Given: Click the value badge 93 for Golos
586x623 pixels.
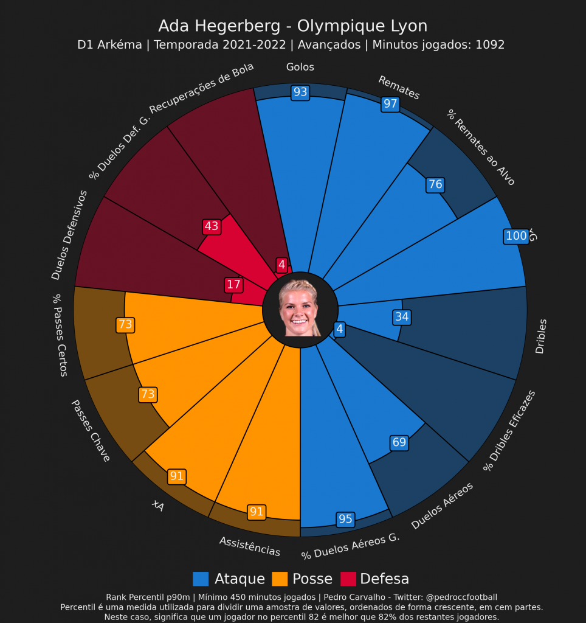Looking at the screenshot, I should (300, 92).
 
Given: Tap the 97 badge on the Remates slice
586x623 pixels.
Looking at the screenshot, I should (390, 104).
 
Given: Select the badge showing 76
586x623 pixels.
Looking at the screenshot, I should (435, 185).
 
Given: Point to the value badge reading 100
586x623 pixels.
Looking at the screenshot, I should (516, 237).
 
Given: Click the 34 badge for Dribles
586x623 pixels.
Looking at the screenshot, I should (402, 317).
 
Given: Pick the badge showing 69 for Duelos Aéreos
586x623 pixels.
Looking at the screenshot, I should (399, 442).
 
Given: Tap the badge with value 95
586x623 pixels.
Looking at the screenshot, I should (345, 519).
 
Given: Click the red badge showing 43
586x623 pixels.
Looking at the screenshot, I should (212, 226).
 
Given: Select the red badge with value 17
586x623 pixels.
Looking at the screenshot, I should (233, 284).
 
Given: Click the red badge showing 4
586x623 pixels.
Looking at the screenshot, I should (281, 265).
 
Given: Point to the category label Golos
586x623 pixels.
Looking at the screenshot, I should (300, 67).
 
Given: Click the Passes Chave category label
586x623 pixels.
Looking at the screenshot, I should (91, 430).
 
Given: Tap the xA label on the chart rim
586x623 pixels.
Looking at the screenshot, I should (158, 506).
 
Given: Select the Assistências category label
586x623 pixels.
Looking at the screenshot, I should (250, 546).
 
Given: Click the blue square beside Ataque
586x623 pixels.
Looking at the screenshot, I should (201, 579).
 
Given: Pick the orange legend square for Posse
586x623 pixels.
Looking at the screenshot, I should (280, 579).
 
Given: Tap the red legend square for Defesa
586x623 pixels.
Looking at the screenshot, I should (348, 579).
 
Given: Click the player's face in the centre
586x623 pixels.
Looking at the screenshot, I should (300, 307).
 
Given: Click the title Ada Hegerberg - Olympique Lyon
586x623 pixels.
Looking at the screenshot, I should (292, 26).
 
